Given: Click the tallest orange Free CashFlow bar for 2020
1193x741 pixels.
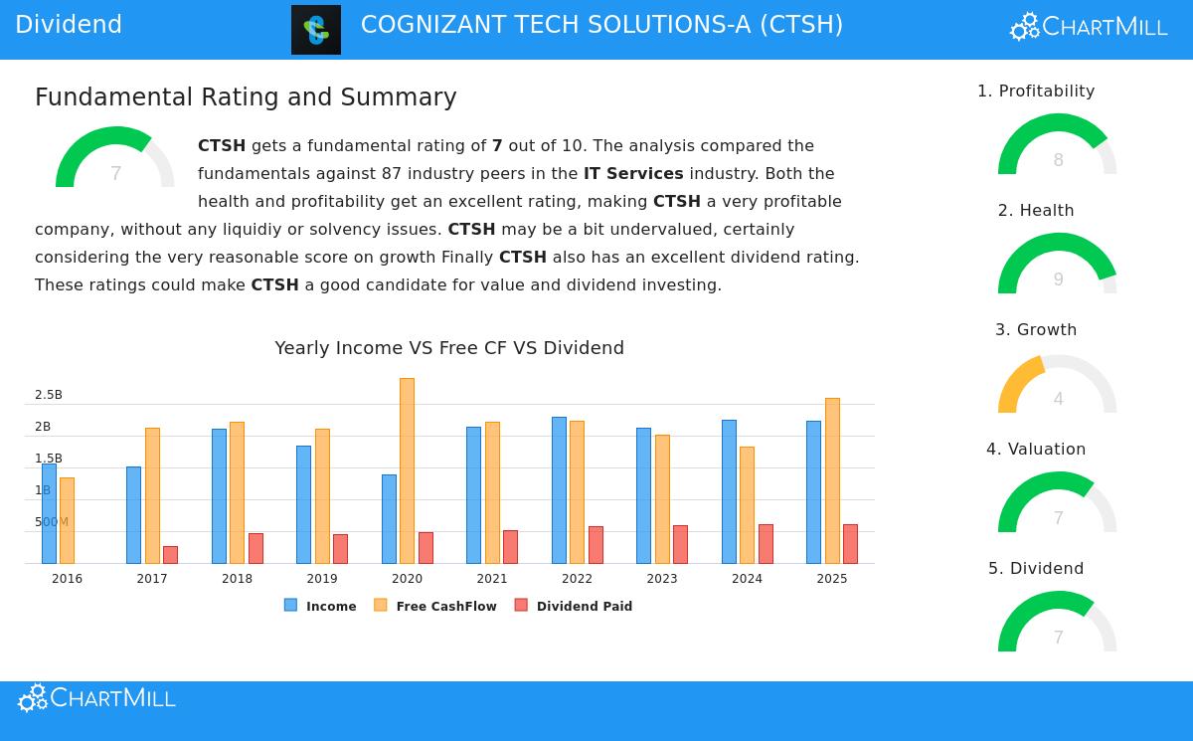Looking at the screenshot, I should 407,470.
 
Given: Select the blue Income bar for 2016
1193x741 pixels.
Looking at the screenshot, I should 49,513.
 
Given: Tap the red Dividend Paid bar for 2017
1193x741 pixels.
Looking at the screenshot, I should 170,554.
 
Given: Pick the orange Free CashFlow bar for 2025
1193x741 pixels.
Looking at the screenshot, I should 832,480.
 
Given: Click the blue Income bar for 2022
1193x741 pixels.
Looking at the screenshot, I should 559,489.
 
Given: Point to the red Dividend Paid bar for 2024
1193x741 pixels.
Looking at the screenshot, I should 766,543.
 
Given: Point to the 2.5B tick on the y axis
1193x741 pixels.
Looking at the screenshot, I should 49,395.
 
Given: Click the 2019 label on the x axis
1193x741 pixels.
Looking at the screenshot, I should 322,579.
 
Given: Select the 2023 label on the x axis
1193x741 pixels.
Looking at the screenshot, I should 662,579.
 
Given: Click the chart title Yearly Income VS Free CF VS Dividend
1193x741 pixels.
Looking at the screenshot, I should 449,348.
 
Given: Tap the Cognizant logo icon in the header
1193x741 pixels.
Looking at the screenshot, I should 316,30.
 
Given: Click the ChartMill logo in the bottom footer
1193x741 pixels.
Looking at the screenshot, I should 96,698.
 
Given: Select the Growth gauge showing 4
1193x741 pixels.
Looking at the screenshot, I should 1057,386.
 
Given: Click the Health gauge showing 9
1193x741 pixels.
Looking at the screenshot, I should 1057,267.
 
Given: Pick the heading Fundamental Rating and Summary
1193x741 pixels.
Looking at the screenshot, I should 246,97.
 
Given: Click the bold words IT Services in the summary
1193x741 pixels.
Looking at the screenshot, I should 633,174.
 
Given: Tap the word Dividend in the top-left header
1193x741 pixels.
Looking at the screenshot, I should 69,26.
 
